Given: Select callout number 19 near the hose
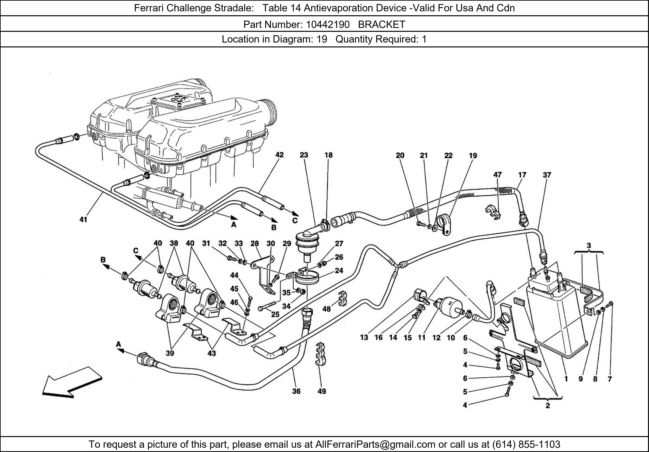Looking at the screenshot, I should point(473,156).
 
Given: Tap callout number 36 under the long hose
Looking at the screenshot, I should point(296,391).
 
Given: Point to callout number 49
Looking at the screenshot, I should point(322,391).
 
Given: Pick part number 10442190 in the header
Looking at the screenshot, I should point(328,25).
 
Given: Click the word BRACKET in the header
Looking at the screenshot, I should point(382,25).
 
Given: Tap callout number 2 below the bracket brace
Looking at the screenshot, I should point(548,406).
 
